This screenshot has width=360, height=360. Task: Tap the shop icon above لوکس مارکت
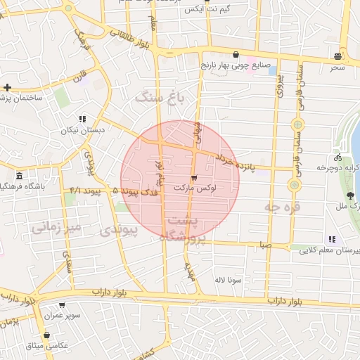194,177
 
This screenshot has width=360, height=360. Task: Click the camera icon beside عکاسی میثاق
46,335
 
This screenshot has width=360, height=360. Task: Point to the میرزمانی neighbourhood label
57,227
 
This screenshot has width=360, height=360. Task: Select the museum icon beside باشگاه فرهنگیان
18,175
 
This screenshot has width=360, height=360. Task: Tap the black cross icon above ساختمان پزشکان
7,87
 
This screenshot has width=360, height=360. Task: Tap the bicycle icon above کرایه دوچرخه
338,157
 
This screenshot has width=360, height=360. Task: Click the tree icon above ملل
350,195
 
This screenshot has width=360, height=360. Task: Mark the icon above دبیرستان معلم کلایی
332,239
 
